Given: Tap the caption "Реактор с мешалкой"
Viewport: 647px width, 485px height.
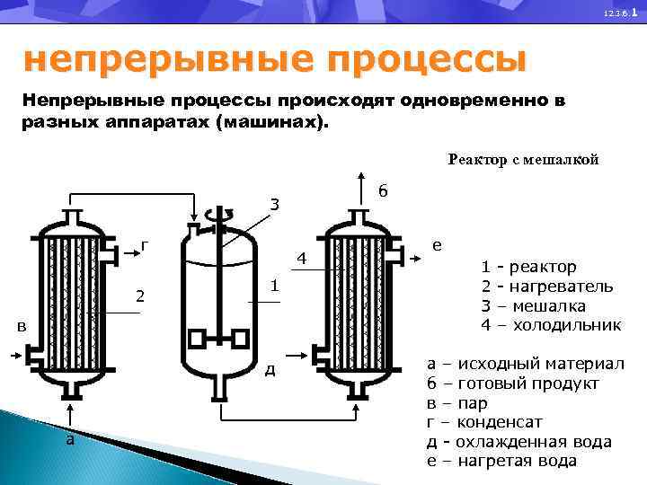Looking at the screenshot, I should click(x=523, y=160).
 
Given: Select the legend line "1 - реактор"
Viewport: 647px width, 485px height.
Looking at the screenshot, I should click(x=529, y=267).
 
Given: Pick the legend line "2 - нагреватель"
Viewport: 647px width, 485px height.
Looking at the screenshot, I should click(x=547, y=287).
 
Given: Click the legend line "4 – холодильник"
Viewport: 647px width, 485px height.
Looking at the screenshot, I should click(x=551, y=324).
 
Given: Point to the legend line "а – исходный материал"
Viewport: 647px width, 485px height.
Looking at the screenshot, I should click(x=525, y=365).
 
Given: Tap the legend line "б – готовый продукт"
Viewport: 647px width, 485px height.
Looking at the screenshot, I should click(x=512, y=384).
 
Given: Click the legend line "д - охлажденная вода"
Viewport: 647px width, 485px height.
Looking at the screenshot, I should click(x=518, y=442).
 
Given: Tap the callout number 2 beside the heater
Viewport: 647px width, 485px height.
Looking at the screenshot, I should click(x=140, y=295).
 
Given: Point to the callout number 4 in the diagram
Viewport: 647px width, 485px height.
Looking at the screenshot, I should click(x=303, y=260).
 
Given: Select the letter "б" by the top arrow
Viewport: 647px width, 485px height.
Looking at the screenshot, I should click(x=383, y=191).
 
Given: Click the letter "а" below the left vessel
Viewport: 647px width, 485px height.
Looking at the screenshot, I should click(x=69, y=439).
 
